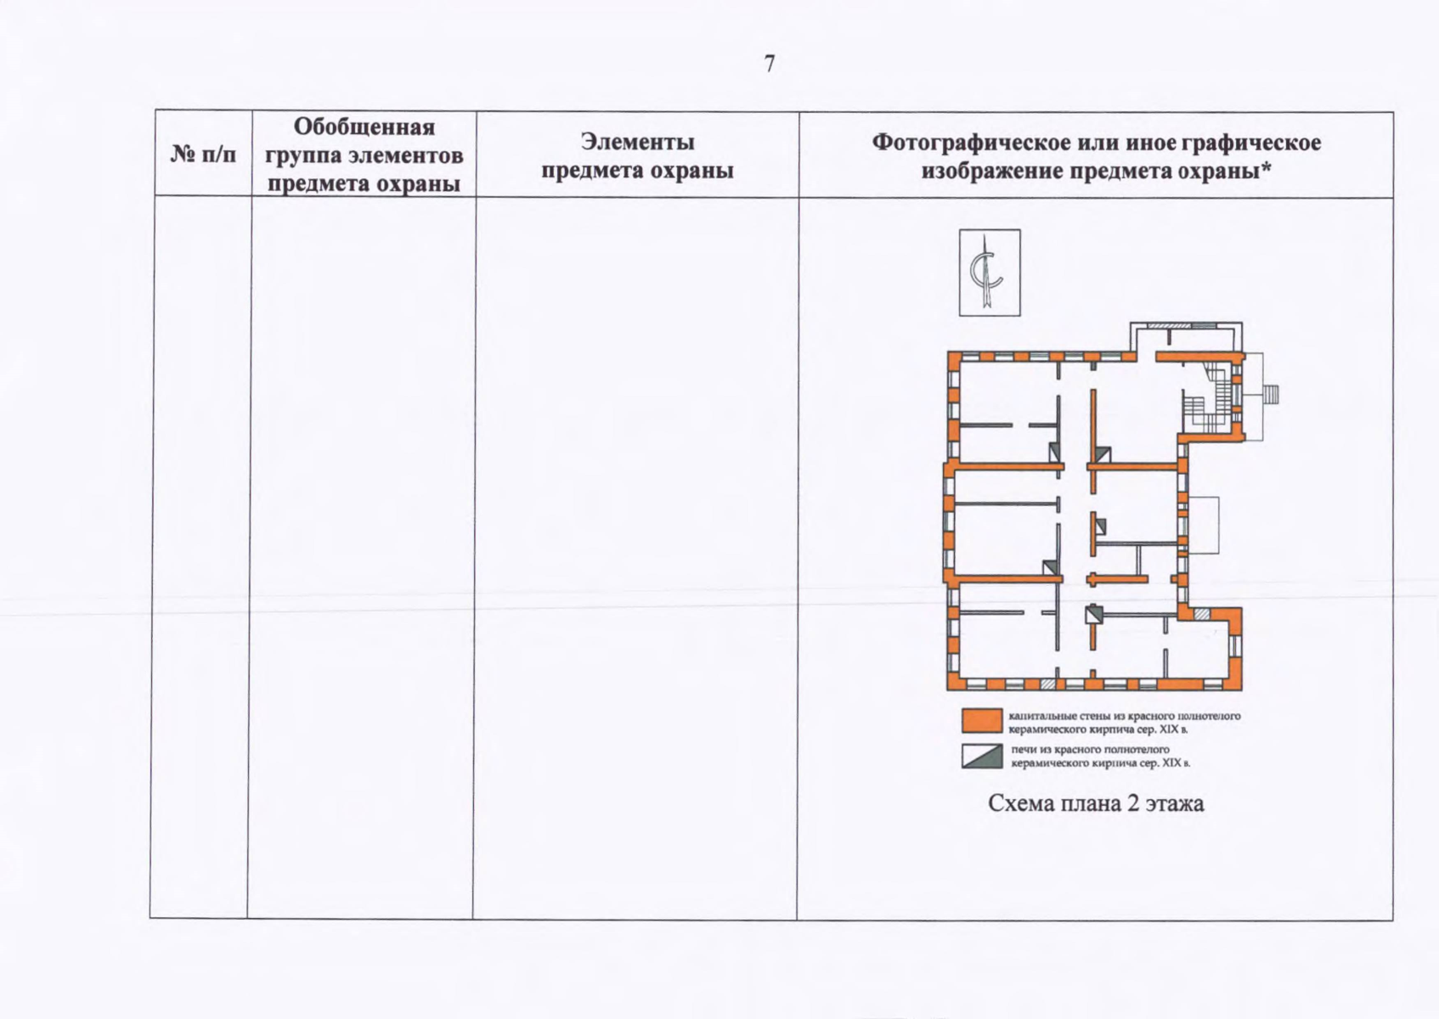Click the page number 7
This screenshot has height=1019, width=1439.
click(x=770, y=65)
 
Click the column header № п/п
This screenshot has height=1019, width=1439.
click(x=203, y=155)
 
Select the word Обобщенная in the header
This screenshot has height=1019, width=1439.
click(x=364, y=127)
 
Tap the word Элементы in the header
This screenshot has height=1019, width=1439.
click(x=637, y=141)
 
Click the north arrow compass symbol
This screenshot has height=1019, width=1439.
click(x=989, y=273)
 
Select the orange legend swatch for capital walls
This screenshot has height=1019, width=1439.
click(x=982, y=721)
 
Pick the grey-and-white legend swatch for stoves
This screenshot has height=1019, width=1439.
click(x=982, y=756)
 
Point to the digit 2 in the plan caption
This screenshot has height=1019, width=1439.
click(x=1133, y=803)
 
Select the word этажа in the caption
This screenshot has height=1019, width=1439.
click(x=1175, y=803)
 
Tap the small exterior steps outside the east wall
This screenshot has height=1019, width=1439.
click(x=1272, y=394)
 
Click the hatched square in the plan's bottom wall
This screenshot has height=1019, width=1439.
click(x=1049, y=683)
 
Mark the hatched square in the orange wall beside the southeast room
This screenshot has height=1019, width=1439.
click(x=1201, y=613)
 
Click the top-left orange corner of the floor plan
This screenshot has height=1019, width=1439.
click(x=953, y=357)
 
